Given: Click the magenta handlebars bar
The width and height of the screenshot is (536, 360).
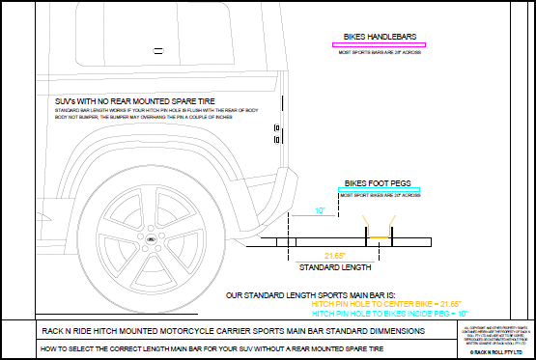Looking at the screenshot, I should [x=378, y=44].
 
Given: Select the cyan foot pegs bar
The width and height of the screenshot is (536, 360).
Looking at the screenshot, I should [x=379, y=188].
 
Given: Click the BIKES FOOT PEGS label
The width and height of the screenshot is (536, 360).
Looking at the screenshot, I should [x=379, y=180].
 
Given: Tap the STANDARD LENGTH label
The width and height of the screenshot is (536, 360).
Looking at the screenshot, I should [x=334, y=266].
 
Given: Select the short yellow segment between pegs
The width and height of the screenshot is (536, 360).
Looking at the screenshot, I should [x=379, y=237].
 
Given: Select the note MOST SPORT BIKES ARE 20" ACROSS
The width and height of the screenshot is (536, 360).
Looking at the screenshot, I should [x=379, y=196].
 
